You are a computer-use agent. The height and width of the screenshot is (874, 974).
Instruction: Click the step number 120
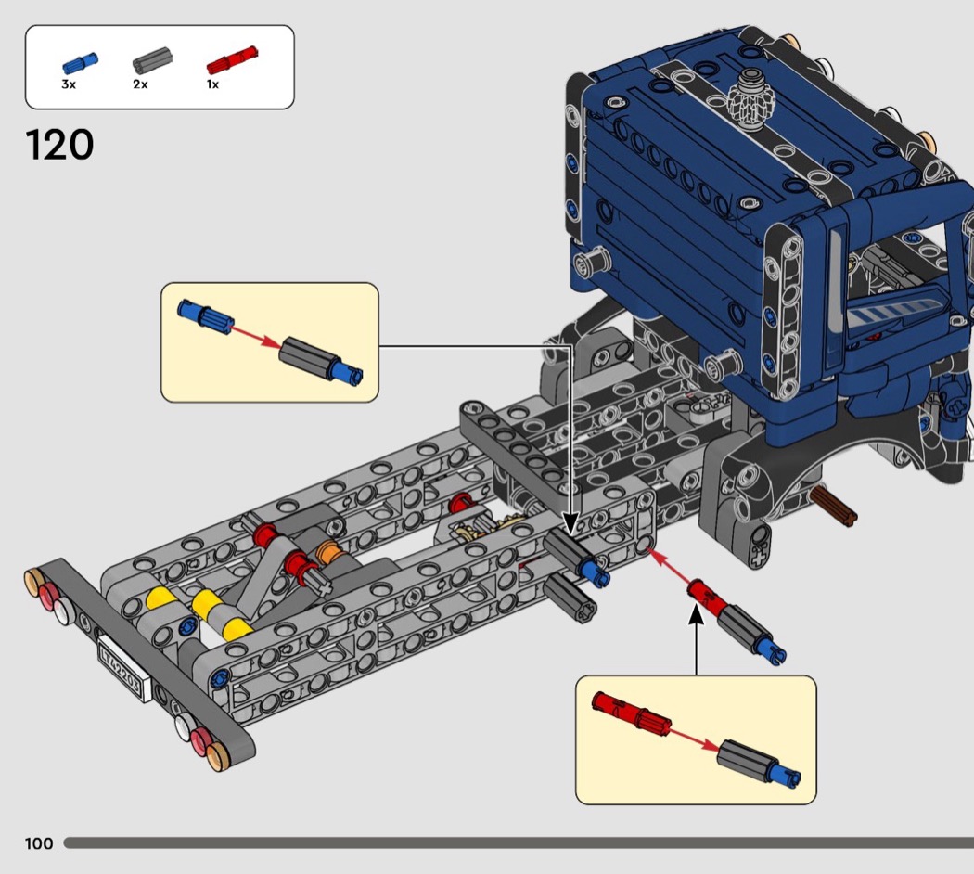(59, 145)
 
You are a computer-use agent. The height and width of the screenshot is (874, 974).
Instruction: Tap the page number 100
(39, 843)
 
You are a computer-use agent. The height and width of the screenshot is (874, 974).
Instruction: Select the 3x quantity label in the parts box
(69, 84)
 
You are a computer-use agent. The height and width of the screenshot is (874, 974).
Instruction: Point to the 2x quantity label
(140, 84)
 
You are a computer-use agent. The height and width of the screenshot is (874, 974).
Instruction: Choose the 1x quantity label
(212, 84)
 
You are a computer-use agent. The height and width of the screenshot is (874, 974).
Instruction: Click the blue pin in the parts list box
(80, 63)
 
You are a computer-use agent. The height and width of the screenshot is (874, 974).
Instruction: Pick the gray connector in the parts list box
(152, 60)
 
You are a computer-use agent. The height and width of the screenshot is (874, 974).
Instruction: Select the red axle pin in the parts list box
(232, 59)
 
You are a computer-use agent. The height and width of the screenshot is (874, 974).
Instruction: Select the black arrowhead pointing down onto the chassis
(570, 521)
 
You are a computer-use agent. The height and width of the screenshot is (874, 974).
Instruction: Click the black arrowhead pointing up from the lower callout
(697, 614)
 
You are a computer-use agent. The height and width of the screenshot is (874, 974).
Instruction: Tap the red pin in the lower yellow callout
(631, 712)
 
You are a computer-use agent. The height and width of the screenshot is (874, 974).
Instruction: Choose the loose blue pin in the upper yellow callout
(206, 314)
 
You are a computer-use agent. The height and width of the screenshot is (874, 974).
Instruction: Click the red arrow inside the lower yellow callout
(695, 738)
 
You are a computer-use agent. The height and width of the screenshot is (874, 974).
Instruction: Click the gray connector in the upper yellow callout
(307, 358)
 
